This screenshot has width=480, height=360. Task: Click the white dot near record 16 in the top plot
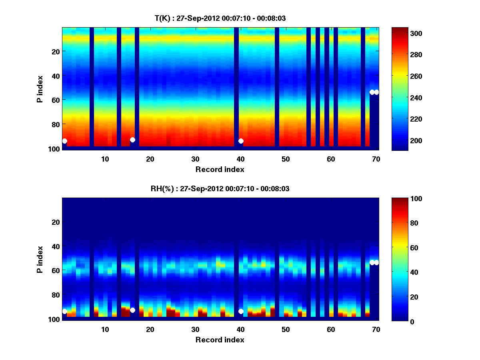tap(132, 140)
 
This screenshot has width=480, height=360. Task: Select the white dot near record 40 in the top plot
tap(241, 141)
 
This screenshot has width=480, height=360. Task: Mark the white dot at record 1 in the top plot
tap(64, 141)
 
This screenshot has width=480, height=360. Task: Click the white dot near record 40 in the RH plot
tap(241, 311)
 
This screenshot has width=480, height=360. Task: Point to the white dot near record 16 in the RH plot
tap(132, 310)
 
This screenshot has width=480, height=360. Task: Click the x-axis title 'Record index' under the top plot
tap(220, 169)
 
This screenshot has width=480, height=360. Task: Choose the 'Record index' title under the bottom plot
tap(220, 340)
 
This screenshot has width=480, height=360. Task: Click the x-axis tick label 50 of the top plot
tap(286, 159)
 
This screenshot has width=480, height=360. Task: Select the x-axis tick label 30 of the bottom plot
tap(195, 329)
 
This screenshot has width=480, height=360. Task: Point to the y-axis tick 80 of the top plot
tap(56, 124)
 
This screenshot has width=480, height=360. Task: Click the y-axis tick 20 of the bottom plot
tap(56, 222)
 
